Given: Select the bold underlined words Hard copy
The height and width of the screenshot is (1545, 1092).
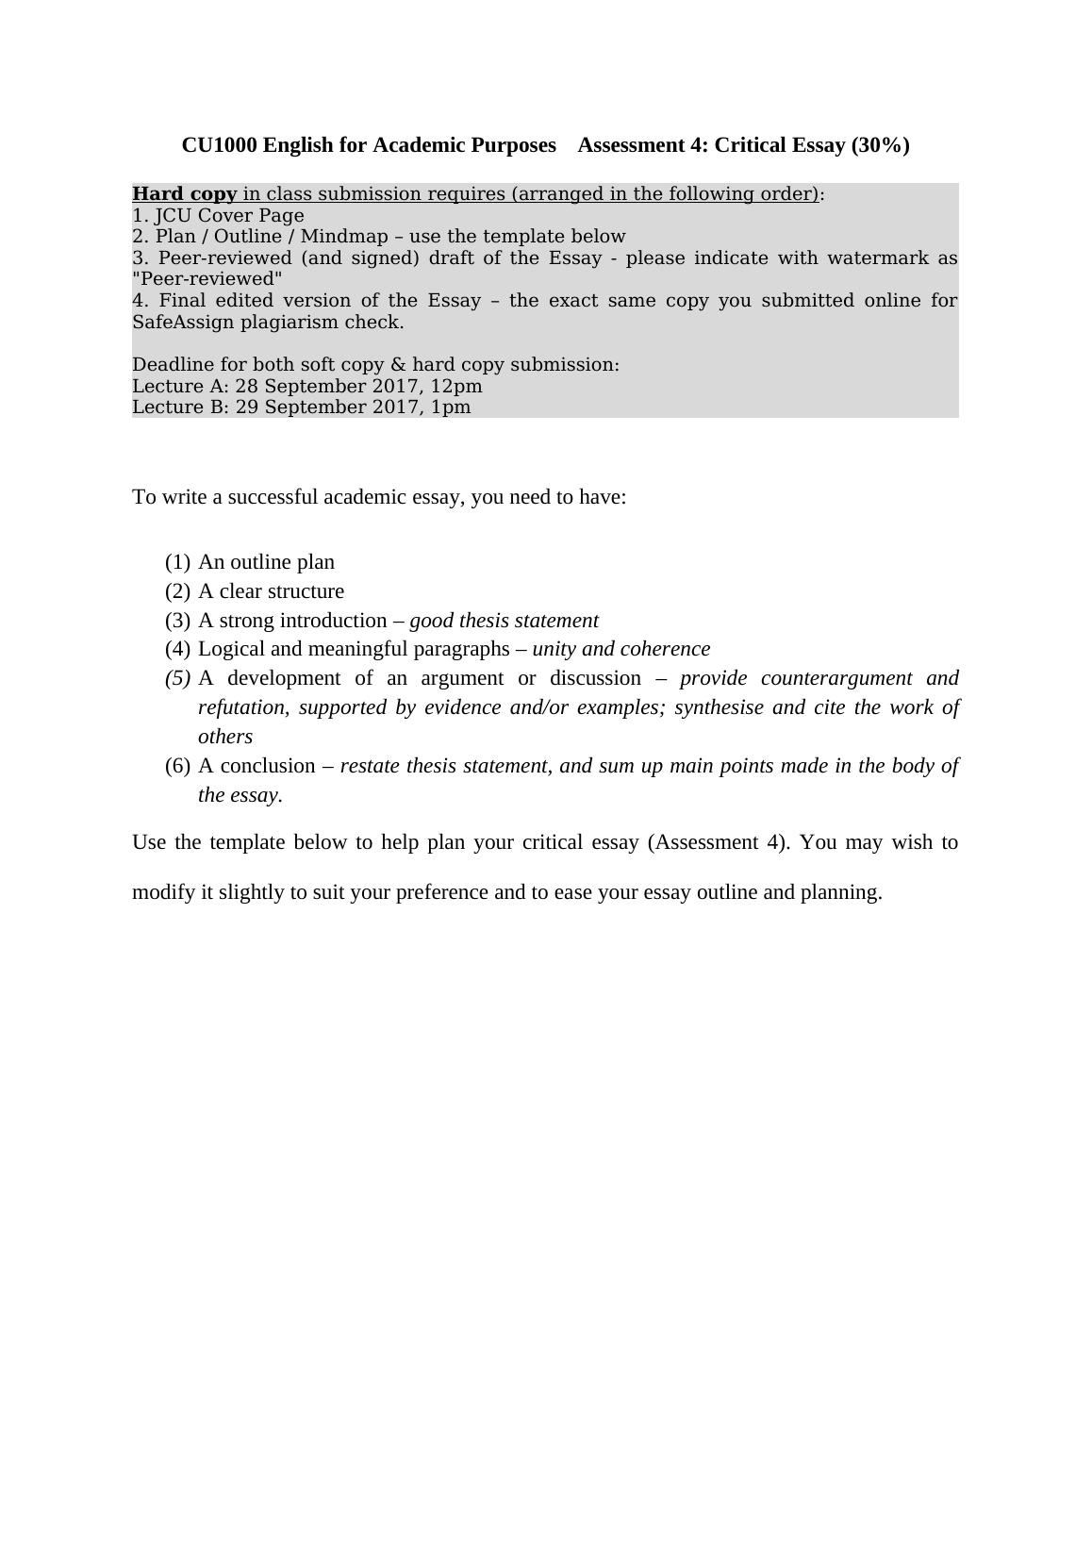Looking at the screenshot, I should (x=185, y=194).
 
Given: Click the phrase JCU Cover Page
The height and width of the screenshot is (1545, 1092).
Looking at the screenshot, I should (x=230, y=216).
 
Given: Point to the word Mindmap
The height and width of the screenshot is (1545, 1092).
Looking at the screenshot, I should (x=344, y=237).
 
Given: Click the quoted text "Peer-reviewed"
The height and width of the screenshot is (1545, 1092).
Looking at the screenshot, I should (x=207, y=279).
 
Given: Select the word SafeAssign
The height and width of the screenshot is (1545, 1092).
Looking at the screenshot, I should (x=183, y=323).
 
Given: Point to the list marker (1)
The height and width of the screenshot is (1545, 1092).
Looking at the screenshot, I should (x=177, y=562).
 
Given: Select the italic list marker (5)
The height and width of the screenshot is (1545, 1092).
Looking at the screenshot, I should (x=177, y=678).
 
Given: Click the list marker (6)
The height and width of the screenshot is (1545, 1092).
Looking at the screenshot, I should (x=177, y=766).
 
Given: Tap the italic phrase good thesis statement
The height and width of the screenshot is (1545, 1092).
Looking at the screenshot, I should (x=504, y=621).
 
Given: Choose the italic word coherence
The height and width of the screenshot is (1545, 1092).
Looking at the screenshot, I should (x=667, y=649).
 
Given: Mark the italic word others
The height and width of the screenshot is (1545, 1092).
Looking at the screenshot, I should (x=225, y=737).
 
